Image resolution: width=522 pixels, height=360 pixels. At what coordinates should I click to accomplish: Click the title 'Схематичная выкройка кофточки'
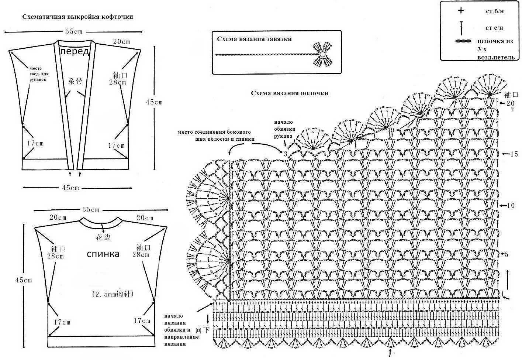(77, 17)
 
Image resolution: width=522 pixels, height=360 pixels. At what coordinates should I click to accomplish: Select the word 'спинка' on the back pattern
(103, 254)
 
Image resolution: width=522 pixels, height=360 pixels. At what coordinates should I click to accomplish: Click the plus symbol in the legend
(461, 11)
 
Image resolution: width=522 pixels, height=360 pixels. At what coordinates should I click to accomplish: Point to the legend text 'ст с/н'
(495, 28)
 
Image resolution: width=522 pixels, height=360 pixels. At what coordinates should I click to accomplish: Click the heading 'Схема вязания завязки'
(254, 39)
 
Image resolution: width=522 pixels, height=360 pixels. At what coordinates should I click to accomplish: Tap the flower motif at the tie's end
(322, 55)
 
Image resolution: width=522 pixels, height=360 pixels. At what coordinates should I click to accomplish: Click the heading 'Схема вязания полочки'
(290, 93)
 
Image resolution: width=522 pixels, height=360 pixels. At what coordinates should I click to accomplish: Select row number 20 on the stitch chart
(510, 103)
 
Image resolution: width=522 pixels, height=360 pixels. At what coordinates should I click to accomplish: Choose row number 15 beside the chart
(514, 154)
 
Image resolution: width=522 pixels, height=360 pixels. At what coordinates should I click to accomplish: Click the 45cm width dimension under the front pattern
(70, 188)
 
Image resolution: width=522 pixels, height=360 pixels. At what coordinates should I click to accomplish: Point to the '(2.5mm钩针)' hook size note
(113, 294)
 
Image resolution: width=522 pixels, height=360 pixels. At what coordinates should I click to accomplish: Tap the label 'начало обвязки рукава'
(283, 129)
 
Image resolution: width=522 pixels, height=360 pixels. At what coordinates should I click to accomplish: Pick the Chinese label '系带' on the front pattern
(76, 82)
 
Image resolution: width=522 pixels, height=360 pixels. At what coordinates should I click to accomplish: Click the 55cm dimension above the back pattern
(91, 210)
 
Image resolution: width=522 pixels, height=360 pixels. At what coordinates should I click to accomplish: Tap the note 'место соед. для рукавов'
(38, 74)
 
